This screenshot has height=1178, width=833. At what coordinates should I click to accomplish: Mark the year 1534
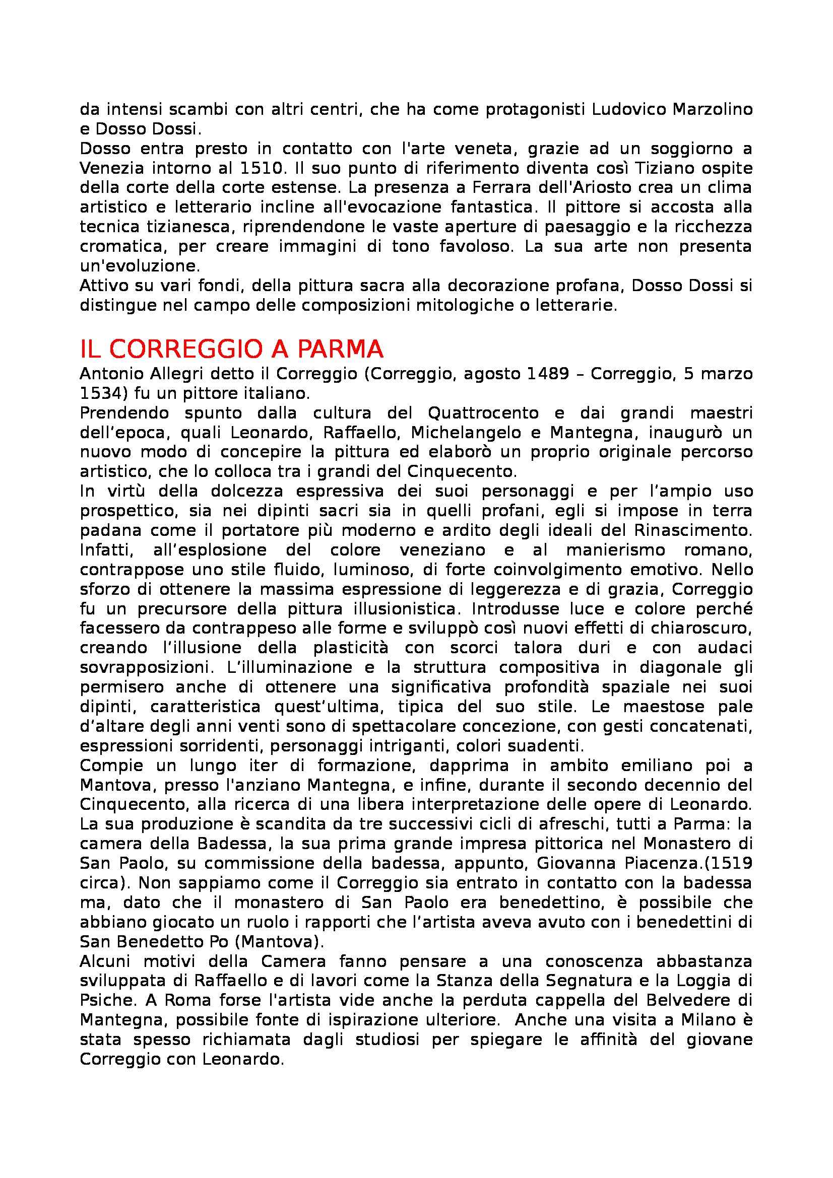point(102,393)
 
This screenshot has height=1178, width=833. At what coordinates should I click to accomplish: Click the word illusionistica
point(406,609)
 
